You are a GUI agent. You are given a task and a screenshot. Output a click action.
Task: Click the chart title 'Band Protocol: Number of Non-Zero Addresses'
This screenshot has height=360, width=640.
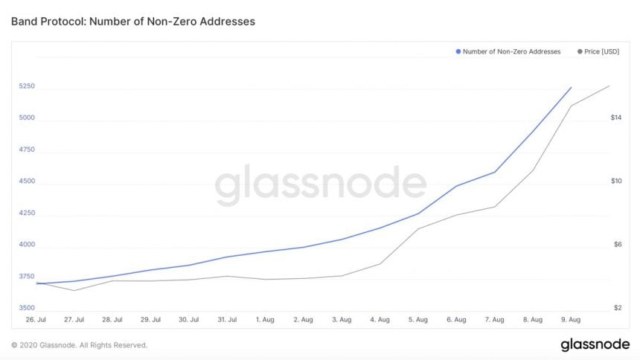pos(133,22)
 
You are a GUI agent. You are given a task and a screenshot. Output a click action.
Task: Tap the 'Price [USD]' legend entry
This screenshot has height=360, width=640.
pos(598,51)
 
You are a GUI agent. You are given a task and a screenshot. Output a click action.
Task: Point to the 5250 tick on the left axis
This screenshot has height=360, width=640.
pos(27,86)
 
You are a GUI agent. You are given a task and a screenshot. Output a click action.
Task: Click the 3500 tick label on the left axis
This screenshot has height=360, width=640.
pos(27,308)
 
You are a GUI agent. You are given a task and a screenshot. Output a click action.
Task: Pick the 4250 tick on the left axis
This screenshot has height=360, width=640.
pos(27,213)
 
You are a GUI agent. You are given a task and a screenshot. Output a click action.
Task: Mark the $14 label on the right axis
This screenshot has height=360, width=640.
pos(615,118)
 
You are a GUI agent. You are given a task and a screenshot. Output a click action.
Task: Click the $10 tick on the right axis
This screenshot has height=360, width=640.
pos(615,181)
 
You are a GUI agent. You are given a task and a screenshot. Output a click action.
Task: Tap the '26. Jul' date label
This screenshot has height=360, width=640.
pos(36,320)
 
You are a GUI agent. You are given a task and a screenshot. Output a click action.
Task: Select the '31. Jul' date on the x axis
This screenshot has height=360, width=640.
pos(227,320)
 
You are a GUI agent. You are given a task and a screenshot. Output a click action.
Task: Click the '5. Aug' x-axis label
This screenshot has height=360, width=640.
pos(417,320)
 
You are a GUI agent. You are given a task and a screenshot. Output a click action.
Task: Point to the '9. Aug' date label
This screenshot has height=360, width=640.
pos(570,320)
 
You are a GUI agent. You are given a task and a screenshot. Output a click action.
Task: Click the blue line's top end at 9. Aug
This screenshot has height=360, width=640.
pos(571,87)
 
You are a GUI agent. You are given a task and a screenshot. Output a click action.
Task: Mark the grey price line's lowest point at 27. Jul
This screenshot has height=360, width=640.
pos(74,290)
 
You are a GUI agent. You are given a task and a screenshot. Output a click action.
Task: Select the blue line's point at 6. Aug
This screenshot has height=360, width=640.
pos(456,186)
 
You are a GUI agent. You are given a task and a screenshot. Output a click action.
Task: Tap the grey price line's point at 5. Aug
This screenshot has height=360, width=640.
pos(417,228)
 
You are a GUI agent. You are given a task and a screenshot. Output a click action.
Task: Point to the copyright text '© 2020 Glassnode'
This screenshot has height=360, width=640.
pos(79,345)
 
